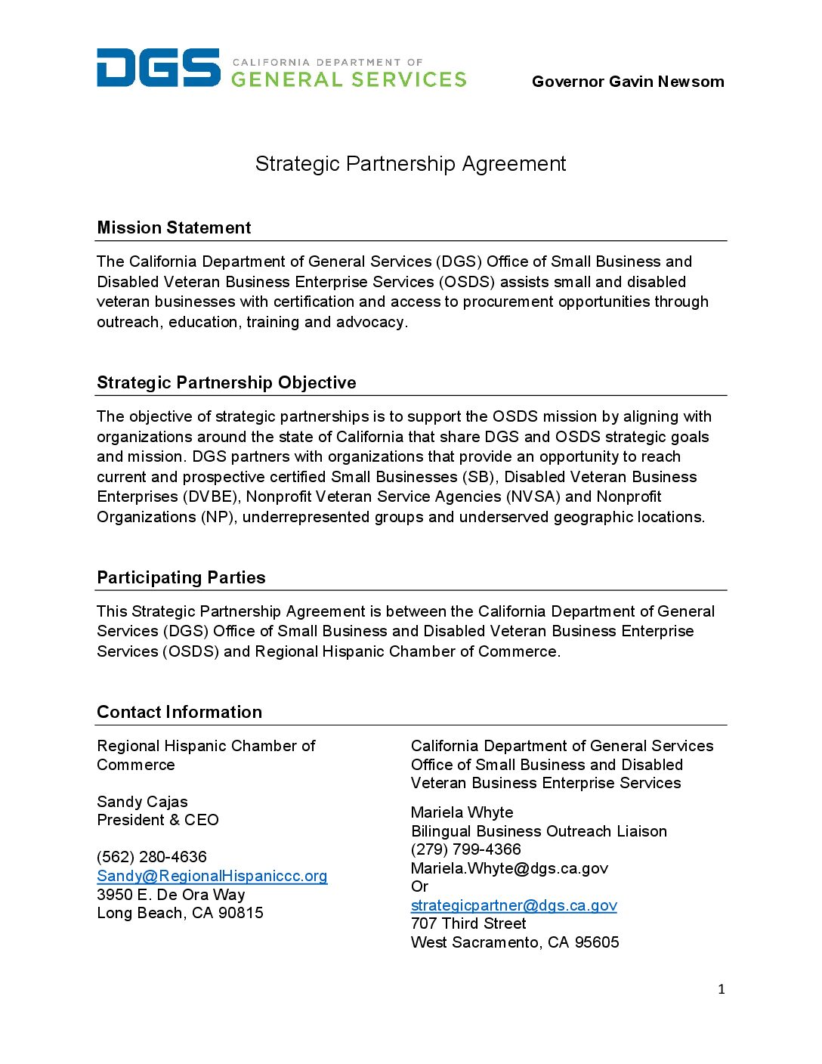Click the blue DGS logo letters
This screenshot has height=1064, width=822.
point(158,68)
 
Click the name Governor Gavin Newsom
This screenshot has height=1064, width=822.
point(627,82)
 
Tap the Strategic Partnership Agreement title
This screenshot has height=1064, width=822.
point(410,164)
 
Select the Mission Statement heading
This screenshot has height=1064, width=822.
point(174,228)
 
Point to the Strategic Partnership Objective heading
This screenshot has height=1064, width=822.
point(226,382)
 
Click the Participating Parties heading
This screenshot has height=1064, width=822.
point(181,577)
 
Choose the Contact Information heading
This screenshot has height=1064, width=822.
point(179,712)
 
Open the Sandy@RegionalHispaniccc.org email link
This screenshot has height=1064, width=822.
point(212,876)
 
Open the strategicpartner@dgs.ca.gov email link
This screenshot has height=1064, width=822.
point(514,905)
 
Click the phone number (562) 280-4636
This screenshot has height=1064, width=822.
point(151,857)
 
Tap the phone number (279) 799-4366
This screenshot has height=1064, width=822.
point(465,849)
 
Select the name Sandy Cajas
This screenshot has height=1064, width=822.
point(142,802)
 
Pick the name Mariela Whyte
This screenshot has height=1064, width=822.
point(462,812)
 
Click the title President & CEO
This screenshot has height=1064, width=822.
point(157,820)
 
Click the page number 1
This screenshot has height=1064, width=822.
point(721,989)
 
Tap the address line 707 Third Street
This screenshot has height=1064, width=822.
point(468,923)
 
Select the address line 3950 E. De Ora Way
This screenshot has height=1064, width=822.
point(171,895)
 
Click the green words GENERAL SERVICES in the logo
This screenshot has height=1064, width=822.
point(348,79)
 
